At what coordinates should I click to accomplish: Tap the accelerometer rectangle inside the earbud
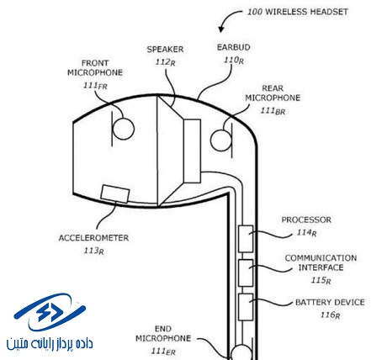pos(115,193)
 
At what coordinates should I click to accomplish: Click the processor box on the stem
pos(246,239)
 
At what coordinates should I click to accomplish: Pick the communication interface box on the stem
pos(246,273)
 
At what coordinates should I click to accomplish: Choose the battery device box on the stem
pos(246,307)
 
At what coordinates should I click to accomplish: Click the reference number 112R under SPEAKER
pos(166,62)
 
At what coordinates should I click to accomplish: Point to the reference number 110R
pos(234,61)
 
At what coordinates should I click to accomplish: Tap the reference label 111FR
pos(95,86)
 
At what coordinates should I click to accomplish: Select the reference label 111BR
pos(273,111)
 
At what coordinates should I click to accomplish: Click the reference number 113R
pos(94,251)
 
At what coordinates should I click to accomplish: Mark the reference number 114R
pos(306,233)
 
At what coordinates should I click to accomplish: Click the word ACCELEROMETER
pos(93,238)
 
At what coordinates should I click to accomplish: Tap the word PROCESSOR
pos(306,220)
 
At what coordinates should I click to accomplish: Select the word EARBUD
pos(234,47)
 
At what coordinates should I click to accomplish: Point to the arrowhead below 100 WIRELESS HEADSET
pos(221,29)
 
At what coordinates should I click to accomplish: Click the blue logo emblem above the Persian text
pos(50,312)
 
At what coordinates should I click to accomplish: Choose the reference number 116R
pos(330,315)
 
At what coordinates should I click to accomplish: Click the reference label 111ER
pos(163,352)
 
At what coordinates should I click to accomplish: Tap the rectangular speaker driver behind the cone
pos(192,151)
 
